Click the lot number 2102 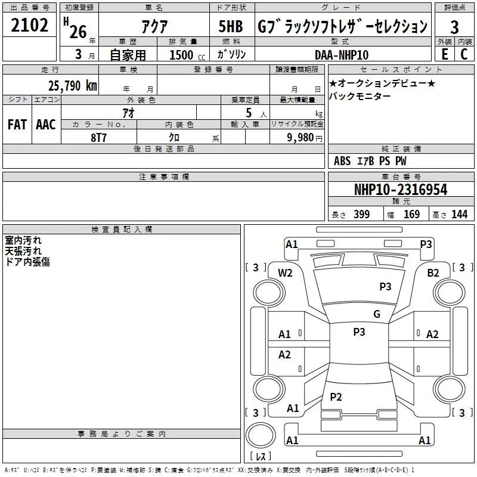pyautogui.click(x=29, y=25)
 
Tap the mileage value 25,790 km pyautogui.click(x=73, y=86)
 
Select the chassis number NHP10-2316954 pyautogui.click(x=401, y=190)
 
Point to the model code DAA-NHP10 pyautogui.click(x=342, y=55)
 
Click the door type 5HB pyautogui.click(x=231, y=26)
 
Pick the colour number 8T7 pyautogui.click(x=98, y=138)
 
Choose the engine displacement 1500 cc pyautogui.click(x=187, y=55)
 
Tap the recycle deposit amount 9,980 pyautogui.click(x=301, y=138)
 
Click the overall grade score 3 pyautogui.click(x=454, y=27)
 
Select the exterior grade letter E pyautogui.click(x=445, y=54)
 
